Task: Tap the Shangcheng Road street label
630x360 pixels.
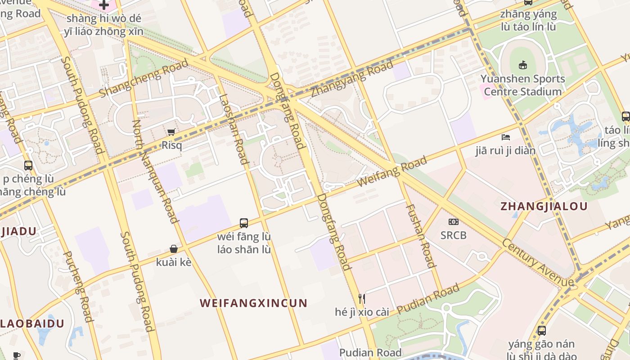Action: tap(144, 78)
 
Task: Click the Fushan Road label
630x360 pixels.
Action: tap(421, 236)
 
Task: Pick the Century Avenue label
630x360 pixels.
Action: tap(538, 262)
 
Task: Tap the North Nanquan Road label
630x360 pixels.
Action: tap(155, 171)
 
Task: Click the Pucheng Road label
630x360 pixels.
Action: tap(77, 286)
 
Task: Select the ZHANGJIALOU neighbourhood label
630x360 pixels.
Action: tap(544, 207)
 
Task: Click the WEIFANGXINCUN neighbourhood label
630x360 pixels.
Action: tap(253, 303)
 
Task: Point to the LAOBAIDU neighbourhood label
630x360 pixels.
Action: tap(32, 323)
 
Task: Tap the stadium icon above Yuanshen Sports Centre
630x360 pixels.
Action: tap(522, 65)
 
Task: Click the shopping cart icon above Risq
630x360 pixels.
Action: tap(171, 132)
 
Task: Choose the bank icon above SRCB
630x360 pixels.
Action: tap(453, 222)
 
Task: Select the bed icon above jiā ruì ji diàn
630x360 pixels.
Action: tap(506, 137)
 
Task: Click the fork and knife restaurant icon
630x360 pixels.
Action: tap(361, 298)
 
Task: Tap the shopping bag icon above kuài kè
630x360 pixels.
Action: tap(174, 249)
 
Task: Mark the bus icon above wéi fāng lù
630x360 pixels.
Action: tap(244, 223)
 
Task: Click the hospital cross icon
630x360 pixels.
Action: tap(104, 5)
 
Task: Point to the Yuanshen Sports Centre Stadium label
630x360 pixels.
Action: tap(522, 85)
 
